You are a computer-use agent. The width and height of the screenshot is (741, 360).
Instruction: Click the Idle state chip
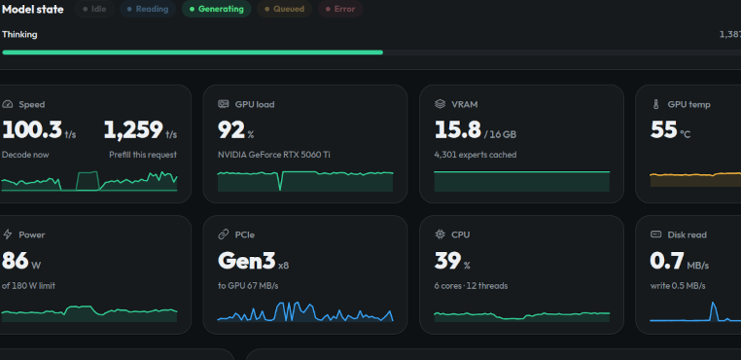pos(94,9)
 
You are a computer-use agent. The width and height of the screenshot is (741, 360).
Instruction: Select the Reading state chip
pos(148,9)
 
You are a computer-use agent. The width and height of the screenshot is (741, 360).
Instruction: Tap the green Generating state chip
pos(217,9)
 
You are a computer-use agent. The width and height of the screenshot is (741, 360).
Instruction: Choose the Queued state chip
pos(285,9)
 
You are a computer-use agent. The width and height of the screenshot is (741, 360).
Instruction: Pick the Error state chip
pos(340,9)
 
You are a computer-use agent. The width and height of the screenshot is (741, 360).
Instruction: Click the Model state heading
pos(33,10)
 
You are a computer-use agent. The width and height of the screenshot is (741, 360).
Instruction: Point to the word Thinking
pos(19,34)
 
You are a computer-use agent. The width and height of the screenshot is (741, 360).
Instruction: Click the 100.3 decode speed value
pos(32,130)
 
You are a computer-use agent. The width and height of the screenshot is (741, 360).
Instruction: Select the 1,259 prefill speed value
pos(133,130)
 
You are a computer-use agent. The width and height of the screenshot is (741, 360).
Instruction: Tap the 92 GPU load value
pos(231,130)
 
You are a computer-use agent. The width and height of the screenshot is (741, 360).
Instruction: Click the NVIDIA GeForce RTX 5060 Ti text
pos(274,155)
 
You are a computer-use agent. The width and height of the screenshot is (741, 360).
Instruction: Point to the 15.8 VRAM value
pos(457,130)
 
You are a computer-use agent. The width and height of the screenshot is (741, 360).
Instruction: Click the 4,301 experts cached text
pos(476,155)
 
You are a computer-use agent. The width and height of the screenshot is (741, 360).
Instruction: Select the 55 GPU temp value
pos(664,130)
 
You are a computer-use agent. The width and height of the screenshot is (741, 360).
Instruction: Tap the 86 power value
pos(16,261)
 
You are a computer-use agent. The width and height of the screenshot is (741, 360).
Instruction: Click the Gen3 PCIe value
pos(247,261)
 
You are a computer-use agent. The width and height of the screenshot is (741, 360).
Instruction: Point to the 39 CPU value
pos(447,261)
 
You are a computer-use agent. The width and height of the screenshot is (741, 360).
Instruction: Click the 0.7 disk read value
pos(667,261)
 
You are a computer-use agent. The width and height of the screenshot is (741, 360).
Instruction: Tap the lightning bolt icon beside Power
pos(8,234)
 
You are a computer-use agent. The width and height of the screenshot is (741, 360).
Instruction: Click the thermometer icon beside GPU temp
pos(655,104)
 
